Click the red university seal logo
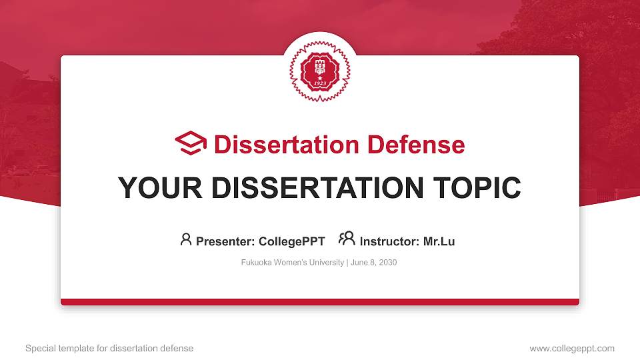click(x=320, y=71)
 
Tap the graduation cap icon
click(x=191, y=144)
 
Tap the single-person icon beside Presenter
click(x=186, y=239)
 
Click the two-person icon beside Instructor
click(x=347, y=239)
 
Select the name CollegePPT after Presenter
click(x=291, y=241)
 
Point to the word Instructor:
click(x=390, y=241)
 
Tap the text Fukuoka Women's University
click(x=292, y=263)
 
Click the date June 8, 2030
click(x=373, y=263)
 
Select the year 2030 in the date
click(x=387, y=263)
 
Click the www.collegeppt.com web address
click(x=572, y=348)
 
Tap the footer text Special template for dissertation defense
click(x=109, y=348)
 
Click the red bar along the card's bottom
click(x=320, y=302)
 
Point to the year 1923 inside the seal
click(x=320, y=85)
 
